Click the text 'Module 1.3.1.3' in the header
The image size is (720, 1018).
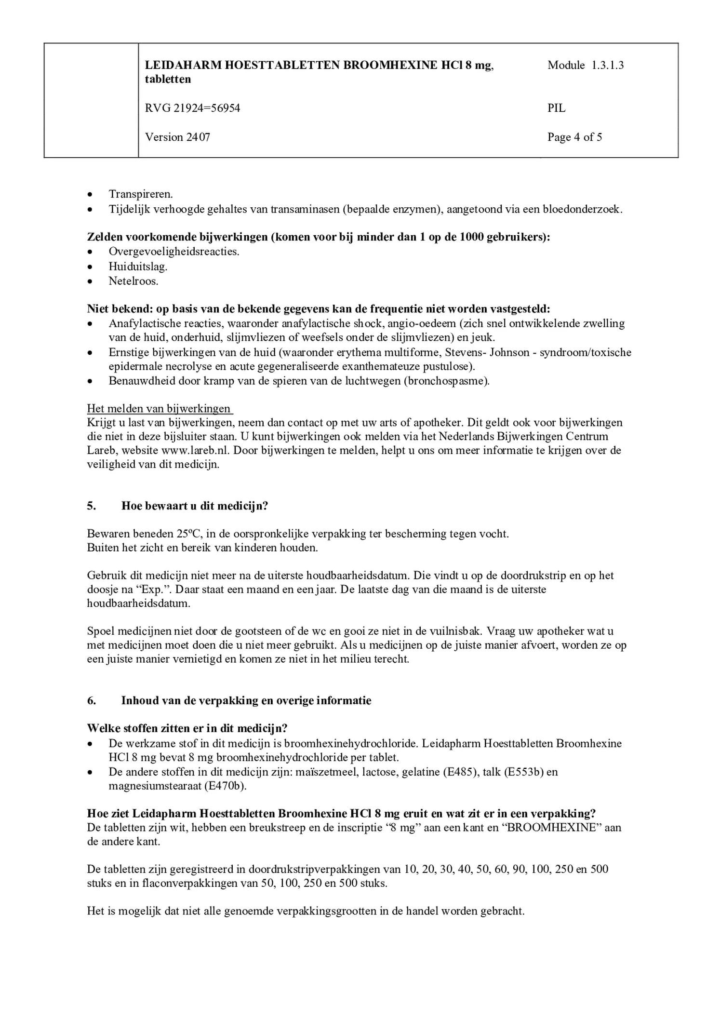pos(585,65)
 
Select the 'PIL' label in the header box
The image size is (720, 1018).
pos(556,108)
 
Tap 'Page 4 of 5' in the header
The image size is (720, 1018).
pos(574,137)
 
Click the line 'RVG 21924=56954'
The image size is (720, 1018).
pos(192,108)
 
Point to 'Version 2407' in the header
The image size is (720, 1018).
pos(177,137)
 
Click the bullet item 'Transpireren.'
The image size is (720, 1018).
pos(141,194)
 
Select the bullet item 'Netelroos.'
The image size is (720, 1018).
pos(133,281)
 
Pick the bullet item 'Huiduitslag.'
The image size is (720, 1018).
pos(138,267)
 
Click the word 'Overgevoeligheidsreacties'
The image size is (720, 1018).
pos(173,252)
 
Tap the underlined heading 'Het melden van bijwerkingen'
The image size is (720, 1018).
pos(159,409)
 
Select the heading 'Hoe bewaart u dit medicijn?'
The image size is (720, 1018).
pos(195,506)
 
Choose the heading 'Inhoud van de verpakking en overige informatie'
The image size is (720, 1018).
pos(246,700)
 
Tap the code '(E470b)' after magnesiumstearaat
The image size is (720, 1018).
pos(225,786)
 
